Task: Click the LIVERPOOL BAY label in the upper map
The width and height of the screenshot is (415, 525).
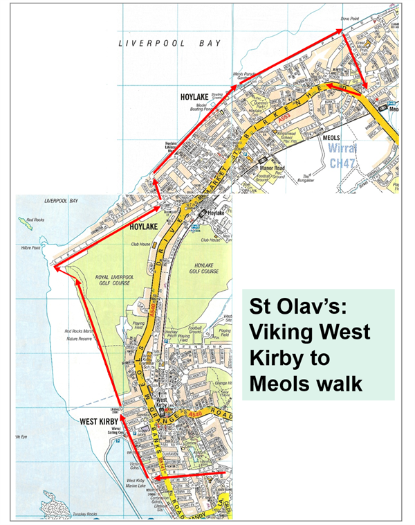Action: point(170,43)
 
